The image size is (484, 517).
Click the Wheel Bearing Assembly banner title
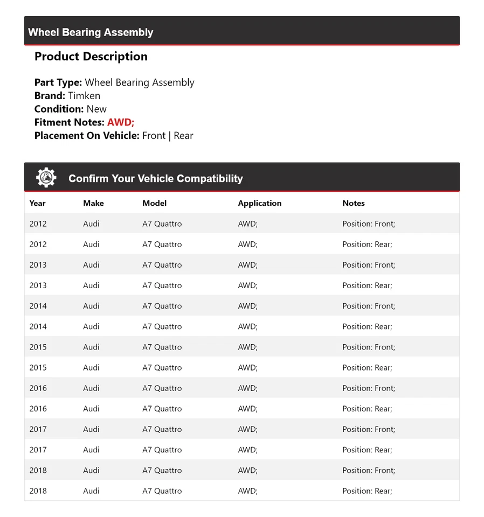pos(91,32)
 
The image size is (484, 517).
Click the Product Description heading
pos(91,57)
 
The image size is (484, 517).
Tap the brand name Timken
pos(84,96)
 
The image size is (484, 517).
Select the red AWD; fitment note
pos(121,122)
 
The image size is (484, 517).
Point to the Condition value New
pos(96,109)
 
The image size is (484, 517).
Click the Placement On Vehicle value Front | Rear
pos(168,136)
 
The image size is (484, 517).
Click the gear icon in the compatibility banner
pos(46,178)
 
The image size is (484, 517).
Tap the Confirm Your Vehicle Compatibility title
pos(155,179)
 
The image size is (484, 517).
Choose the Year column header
pos(38,203)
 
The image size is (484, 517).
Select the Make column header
pos(93,203)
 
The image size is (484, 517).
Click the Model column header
pos(154,203)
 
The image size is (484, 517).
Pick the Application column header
pos(259,203)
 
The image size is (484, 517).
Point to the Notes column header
pos(354,203)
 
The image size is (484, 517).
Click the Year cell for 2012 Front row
pos(38,223)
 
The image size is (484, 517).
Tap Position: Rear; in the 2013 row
pos(367,285)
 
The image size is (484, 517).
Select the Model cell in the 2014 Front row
pos(162,306)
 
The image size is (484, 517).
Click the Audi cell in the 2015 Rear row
pos(91,368)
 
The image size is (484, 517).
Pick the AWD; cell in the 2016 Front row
pos(247,388)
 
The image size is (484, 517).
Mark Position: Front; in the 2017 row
pos(369,429)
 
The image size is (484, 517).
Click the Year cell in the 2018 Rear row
pos(38,491)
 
